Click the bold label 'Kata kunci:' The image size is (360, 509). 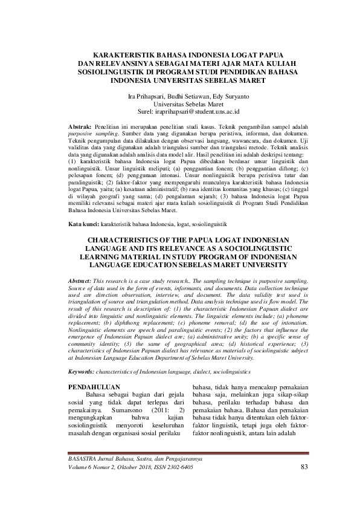point(82,224)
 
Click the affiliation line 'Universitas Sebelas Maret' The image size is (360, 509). point(179,103)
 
